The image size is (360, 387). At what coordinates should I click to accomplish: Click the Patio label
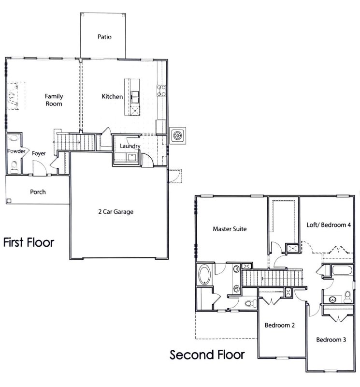(105, 37)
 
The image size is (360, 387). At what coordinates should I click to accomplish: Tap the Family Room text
(54, 100)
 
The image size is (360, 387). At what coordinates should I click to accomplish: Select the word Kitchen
(112, 97)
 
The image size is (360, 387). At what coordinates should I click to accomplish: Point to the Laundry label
(130, 146)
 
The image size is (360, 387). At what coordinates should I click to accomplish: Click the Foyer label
(39, 153)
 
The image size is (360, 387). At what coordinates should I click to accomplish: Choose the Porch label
(38, 192)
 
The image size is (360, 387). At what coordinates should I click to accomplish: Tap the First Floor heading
(29, 242)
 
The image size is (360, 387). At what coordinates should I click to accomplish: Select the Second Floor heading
(207, 355)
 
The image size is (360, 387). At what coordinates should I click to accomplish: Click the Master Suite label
(230, 229)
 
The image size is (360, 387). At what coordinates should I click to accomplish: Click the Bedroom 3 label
(331, 340)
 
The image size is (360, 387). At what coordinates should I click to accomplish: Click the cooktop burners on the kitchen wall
(160, 90)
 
